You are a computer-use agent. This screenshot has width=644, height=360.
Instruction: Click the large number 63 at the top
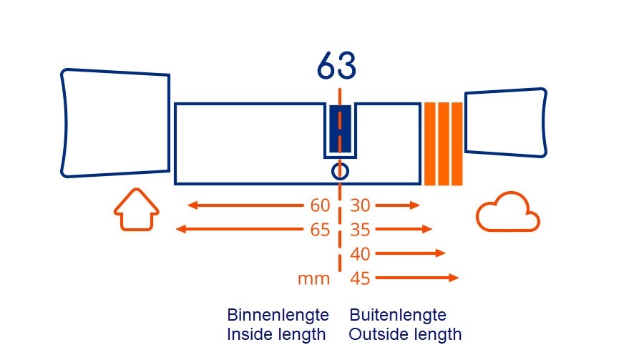click(x=336, y=67)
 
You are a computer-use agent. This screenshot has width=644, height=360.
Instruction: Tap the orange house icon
click(x=136, y=210)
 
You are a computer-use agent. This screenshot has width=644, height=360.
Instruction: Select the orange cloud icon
click(x=507, y=213)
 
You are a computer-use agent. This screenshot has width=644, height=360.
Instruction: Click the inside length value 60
click(x=320, y=206)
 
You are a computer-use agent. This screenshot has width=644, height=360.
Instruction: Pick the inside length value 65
click(x=320, y=230)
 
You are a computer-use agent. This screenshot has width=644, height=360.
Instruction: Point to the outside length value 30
click(x=361, y=206)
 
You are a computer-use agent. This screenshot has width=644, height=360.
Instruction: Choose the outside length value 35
click(x=361, y=230)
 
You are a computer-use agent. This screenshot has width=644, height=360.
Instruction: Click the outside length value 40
click(x=361, y=253)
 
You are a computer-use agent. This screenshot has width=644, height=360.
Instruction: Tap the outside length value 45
click(x=361, y=278)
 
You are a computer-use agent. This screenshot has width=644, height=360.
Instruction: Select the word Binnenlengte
click(x=278, y=315)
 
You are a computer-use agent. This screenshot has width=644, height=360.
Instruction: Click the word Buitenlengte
click(x=398, y=315)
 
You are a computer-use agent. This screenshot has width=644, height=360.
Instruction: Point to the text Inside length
click(x=276, y=334)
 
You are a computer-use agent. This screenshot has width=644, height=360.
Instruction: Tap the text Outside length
click(x=405, y=334)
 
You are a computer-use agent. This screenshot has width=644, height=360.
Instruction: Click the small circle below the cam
click(x=340, y=171)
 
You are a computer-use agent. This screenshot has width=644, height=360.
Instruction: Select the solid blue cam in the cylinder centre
click(x=340, y=129)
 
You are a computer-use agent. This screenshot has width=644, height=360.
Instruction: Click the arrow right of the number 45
click(x=416, y=278)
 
